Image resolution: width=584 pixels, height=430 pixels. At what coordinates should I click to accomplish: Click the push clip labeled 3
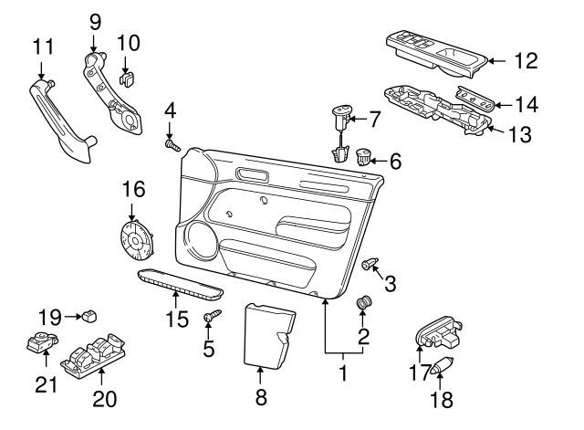(x=370, y=264)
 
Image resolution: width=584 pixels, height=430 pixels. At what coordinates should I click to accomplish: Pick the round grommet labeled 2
(x=363, y=303)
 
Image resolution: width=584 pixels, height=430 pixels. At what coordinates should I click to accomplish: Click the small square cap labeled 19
(x=89, y=317)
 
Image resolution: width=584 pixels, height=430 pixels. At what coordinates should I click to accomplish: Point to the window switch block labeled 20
(x=94, y=354)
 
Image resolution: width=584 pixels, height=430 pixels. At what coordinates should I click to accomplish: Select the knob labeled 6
(x=365, y=157)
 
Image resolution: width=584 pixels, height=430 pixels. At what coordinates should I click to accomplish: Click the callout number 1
(x=343, y=373)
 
